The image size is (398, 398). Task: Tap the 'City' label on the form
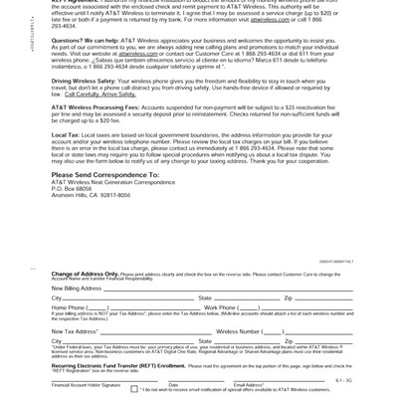57,298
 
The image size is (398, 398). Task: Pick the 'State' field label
205,298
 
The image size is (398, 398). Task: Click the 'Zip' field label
289,298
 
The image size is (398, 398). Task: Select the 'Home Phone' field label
69,308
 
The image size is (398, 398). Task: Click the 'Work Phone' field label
222,308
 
